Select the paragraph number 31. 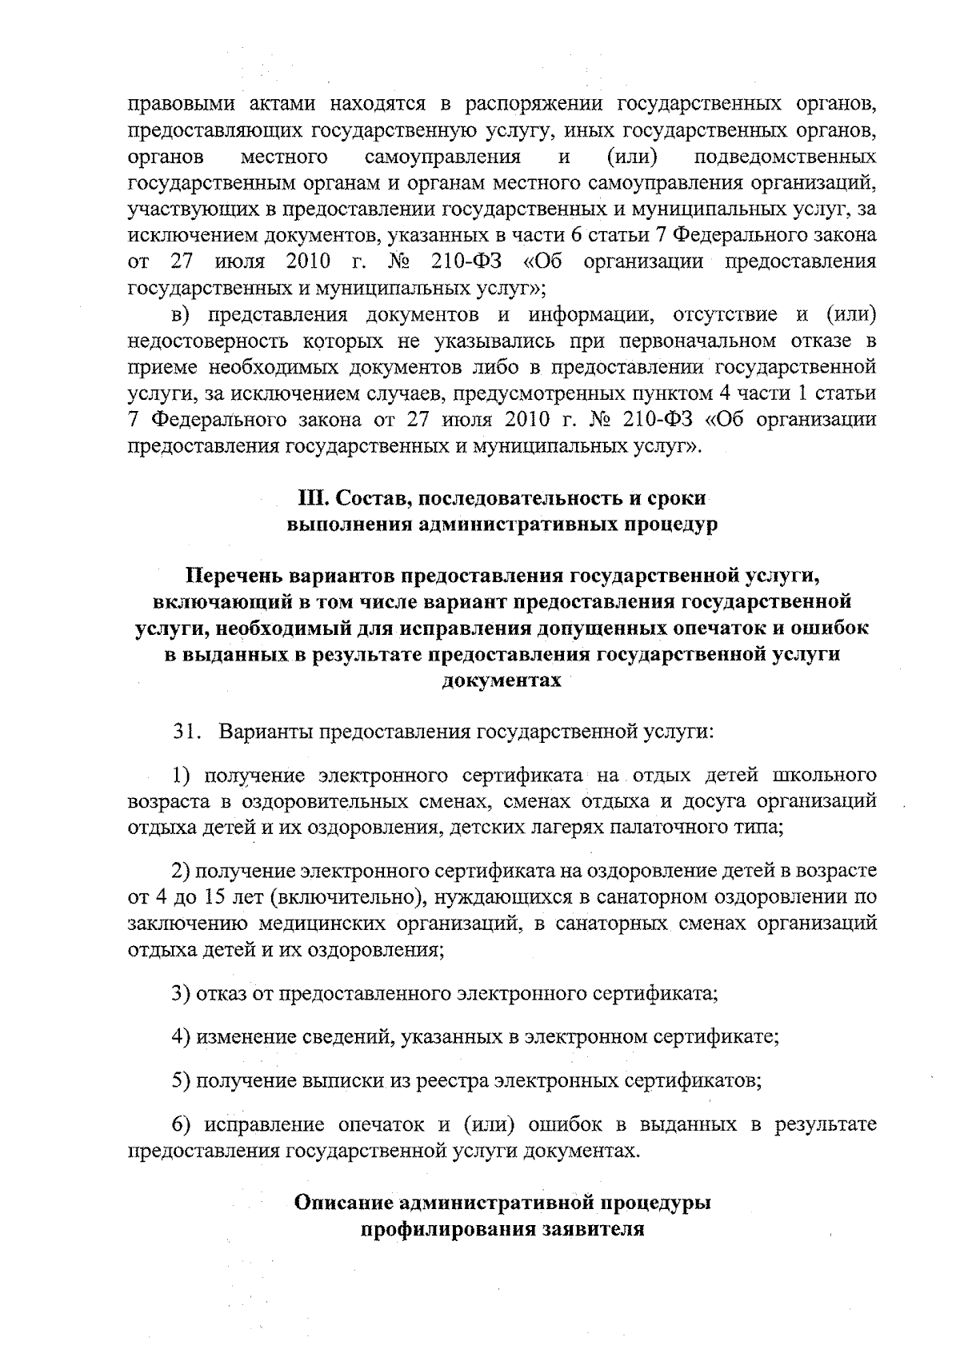coord(186,731)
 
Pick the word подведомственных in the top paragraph coord(786,156)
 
